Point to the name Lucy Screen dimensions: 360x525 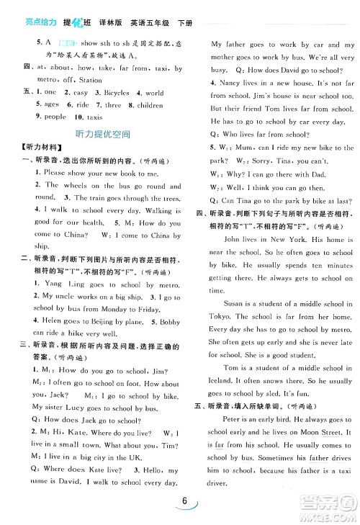pos(78,407)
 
